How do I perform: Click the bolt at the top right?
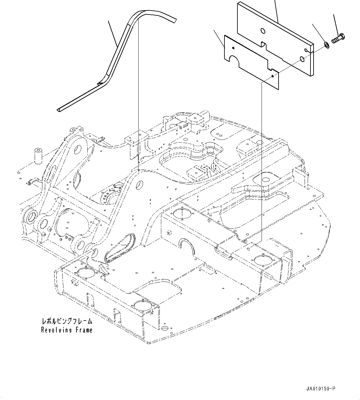click(x=339, y=38)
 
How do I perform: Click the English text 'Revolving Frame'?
click(x=67, y=330)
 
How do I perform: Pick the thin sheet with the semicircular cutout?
click(x=251, y=62)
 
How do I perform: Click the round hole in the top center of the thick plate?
click(x=262, y=31)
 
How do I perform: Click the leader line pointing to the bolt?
click(x=336, y=23)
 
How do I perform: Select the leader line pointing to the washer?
click(x=319, y=34)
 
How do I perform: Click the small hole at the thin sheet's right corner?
click(x=272, y=76)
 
